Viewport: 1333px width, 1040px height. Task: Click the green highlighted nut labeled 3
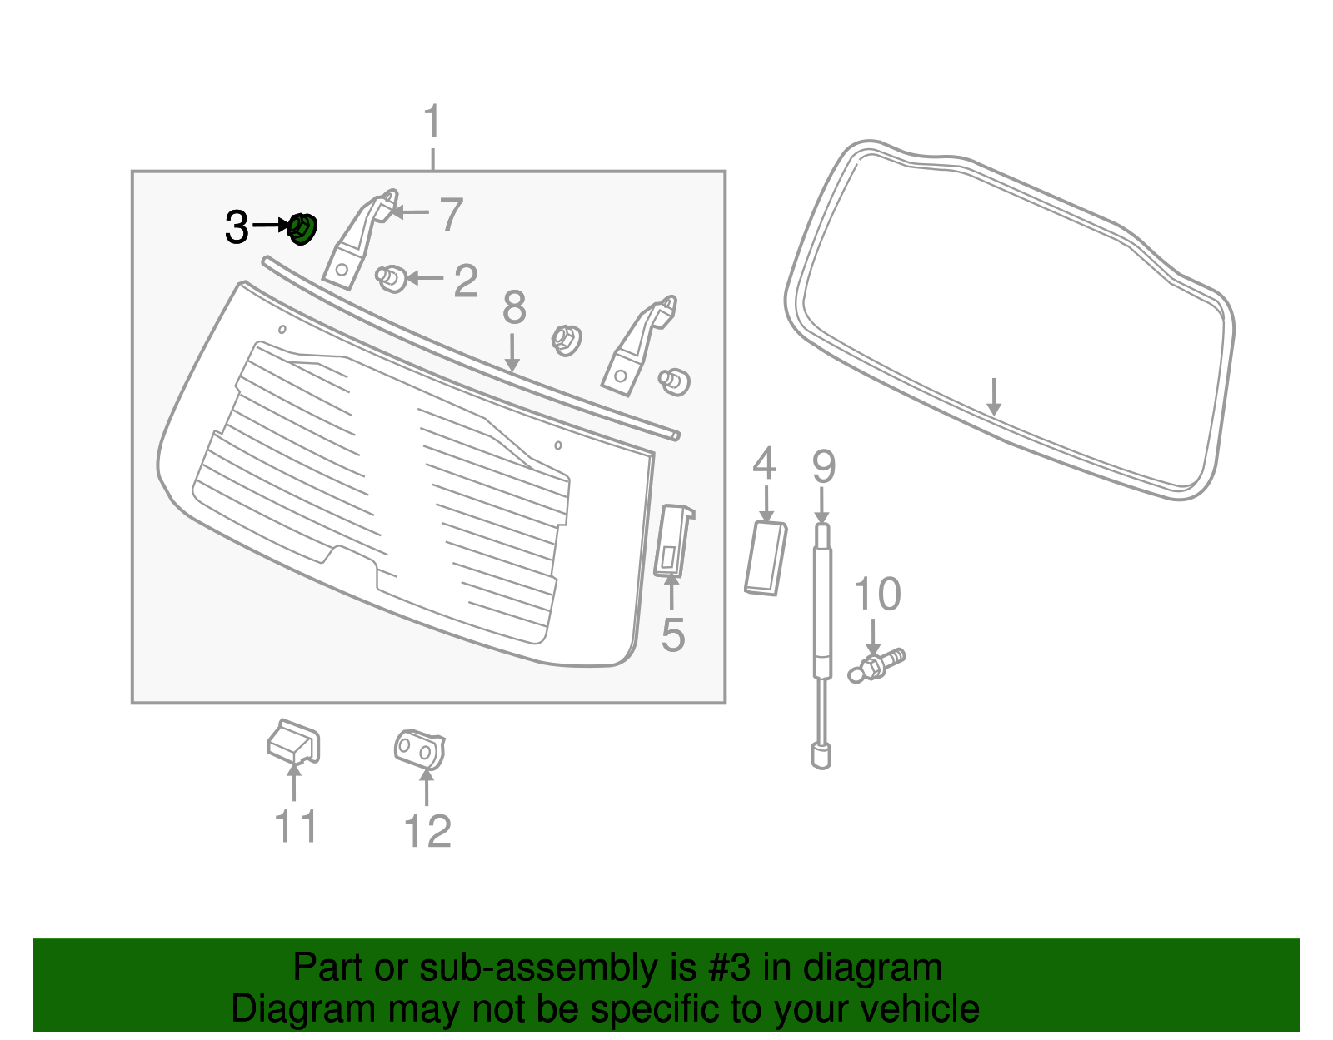(302, 228)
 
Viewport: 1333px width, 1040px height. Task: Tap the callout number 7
(451, 215)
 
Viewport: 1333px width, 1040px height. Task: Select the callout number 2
(466, 281)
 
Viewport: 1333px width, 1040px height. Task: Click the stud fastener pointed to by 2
(391, 277)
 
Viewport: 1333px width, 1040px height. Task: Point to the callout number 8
(514, 308)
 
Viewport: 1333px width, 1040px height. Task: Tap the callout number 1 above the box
(432, 122)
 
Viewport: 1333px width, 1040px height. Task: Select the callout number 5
(672, 635)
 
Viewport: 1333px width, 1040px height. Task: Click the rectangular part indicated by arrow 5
(673, 540)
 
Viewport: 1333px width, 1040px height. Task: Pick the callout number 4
(764, 464)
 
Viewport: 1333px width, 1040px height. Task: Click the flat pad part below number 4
(766, 557)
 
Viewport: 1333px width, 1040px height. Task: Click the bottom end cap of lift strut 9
(821, 756)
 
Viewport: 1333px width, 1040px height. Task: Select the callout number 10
(876, 595)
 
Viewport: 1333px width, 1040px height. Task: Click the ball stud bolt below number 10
(875, 665)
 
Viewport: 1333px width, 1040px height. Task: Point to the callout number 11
(295, 827)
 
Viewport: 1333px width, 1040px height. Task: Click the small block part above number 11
(293, 741)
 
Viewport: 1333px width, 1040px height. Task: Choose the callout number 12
(427, 831)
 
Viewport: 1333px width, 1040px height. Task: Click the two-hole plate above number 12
(420, 749)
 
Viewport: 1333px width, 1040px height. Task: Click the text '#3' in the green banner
(730, 968)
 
